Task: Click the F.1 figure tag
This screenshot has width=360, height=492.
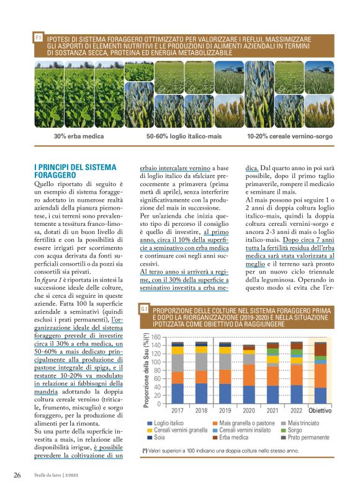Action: pyautogui.click(x=38, y=38)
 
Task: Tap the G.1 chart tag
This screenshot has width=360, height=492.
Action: pyautogui.click(x=143, y=308)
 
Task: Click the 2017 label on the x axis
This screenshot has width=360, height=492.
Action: pyautogui.click(x=178, y=411)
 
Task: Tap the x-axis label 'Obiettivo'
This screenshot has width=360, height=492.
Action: pyautogui.click(x=320, y=411)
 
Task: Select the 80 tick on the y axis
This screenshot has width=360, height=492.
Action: pyautogui.click(x=164, y=370)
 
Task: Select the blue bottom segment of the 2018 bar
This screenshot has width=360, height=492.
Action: pyautogui.click(x=201, y=393)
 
